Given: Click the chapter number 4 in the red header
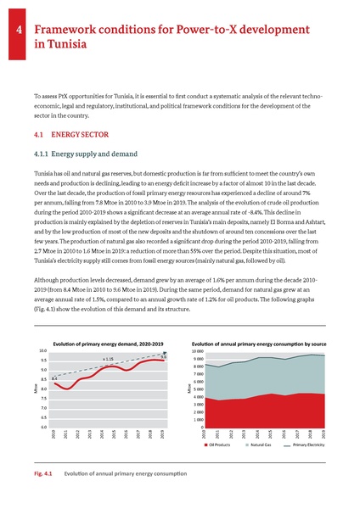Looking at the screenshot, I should (x=18, y=34).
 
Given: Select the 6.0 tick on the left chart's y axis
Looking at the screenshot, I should (x=42, y=428).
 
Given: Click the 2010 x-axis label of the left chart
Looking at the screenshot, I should (x=53, y=435).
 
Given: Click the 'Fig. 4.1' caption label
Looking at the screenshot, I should (x=40, y=472).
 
